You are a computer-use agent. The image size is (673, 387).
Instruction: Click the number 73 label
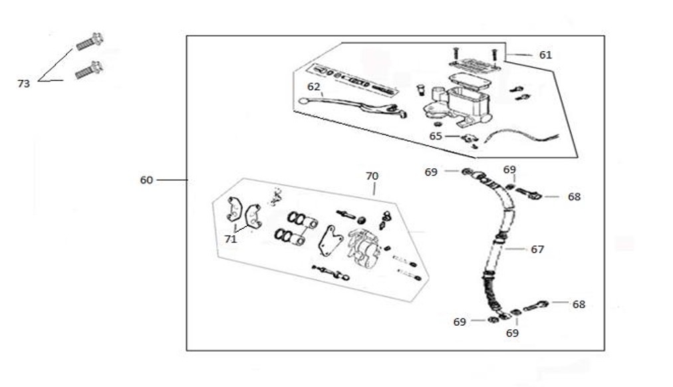tap(23, 84)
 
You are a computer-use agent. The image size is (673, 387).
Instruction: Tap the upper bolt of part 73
tap(88, 42)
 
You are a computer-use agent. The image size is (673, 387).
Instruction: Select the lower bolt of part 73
tap(88, 69)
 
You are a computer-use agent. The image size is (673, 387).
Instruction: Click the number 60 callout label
tap(146, 180)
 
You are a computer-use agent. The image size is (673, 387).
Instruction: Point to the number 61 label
tap(545, 55)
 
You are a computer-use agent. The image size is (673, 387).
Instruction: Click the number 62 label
tap(314, 86)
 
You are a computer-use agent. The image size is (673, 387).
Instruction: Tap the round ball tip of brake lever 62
tap(303, 101)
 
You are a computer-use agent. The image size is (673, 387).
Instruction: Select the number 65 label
tap(436, 136)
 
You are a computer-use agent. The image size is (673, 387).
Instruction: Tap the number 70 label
tap(372, 176)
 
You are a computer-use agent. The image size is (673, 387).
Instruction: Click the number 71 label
tap(230, 239)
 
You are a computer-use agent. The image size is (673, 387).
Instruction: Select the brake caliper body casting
tap(363, 247)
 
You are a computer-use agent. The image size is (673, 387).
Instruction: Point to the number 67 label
tap(537, 249)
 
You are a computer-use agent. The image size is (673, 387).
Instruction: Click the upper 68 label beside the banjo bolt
tap(574, 197)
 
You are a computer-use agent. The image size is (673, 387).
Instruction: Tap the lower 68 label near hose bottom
tap(579, 304)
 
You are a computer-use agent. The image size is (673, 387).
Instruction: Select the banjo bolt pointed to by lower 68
tap(536, 307)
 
